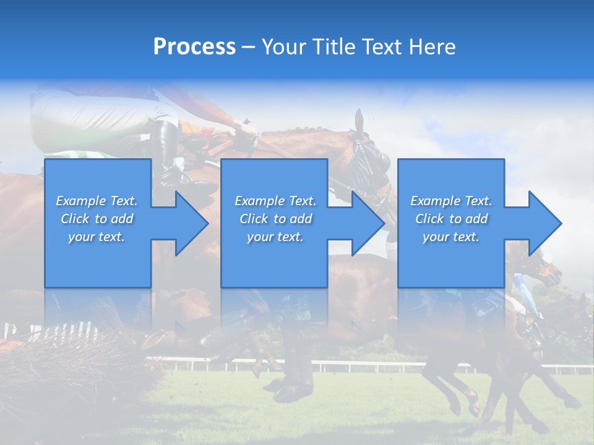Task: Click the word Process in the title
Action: point(194,47)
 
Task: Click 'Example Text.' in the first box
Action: point(97,201)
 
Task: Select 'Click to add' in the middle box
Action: point(275,219)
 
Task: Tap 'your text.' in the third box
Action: point(450,237)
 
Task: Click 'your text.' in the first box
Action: point(97,237)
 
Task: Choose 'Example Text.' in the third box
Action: point(450,201)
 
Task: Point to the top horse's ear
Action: point(359,121)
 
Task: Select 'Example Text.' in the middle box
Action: point(275,201)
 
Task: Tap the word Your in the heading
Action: point(283,47)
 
